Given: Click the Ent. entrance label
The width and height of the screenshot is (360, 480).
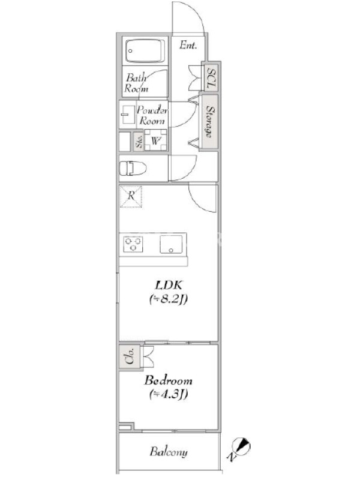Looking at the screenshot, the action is pyautogui.click(x=188, y=46).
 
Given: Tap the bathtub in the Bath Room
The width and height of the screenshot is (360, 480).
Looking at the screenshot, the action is pyautogui.click(x=145, y=51).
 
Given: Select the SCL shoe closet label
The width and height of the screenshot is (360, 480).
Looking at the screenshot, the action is pyautogui.click(x=211, y=78).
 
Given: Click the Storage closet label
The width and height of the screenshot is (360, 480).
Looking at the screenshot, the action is pyautogui.click(x=209, y=122).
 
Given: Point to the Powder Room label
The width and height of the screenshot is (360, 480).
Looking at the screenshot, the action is pyautogui.click(x=152, y=115).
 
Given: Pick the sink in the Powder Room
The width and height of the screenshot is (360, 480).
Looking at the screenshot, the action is pyautogui.click(x=127, y=115).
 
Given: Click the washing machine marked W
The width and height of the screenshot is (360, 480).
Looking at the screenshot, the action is pyautogui.click(x=156, y=140).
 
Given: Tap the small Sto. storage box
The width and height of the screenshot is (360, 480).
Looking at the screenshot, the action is pyautogui.click(x=139, y=142).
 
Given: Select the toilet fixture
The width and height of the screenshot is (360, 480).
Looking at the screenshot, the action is pyautogui.click(x=133, y=168).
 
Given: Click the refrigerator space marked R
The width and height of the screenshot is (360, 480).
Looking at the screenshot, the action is pyautogui.click(x=131, y=196).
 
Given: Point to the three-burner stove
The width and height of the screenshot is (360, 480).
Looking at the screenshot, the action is pyautogui.click(x=133, y=244).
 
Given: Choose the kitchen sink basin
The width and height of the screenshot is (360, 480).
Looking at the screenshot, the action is pyautogui.click(x=171, y=244).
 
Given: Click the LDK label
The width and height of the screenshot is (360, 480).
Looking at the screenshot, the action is pyautogui.click(x=169, y=285).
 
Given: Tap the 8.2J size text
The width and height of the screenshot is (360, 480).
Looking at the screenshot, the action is pyautogui.click(x=169, y=299).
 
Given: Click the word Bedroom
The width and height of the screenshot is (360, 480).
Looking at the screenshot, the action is pyautogui.click(x=169, y=380).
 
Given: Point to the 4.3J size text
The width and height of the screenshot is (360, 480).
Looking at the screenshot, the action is pyautogui.click(x=169, y=394).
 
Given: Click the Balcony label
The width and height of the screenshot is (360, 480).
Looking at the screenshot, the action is pyautogui.click(x=169, y=452).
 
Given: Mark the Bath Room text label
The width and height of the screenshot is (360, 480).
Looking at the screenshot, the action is pyautogui.click(x=136, y=83).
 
